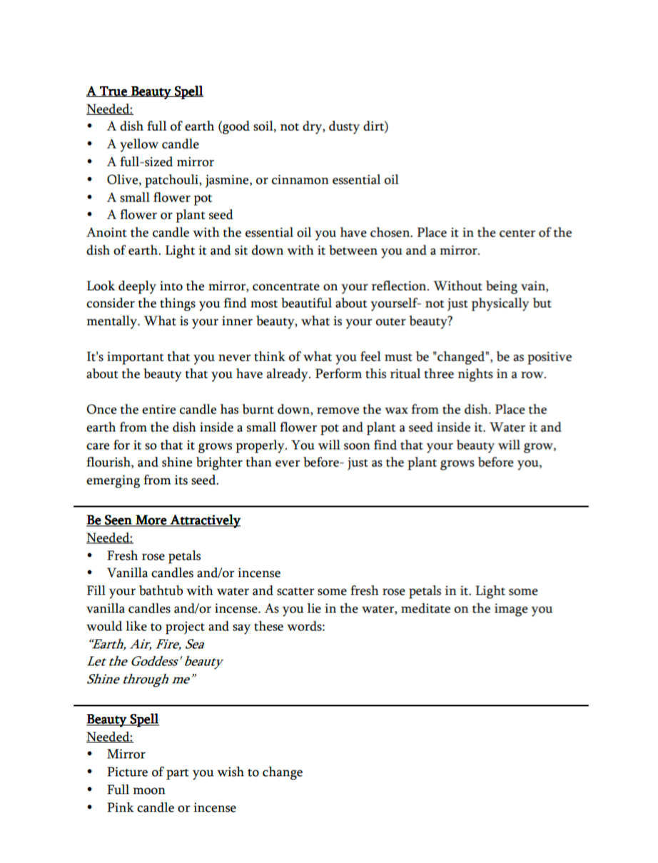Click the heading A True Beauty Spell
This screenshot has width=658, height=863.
pyautogui.click(x=145, y=91)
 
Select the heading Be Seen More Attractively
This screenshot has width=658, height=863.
pyautogui.click(x=163, y=520)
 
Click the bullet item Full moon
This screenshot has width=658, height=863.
pyautogui.click(x=136, y=790)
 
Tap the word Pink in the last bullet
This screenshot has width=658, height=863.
pyautogui.click(x=120, y=808)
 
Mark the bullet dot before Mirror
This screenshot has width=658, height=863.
pyautogui.click(x=91, y=755)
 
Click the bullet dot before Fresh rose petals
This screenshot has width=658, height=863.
pyautogui.click(x=91, y=556)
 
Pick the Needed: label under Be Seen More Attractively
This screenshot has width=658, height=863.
pyautogui.click(x=110, y=538)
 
